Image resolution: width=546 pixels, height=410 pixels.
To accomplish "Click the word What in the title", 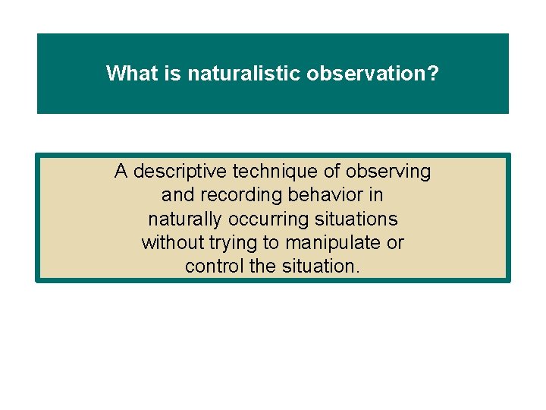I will (x=128, y=74).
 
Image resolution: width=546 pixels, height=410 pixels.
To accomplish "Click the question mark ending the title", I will (x=434, y=74).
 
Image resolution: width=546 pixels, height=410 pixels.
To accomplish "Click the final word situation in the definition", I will (x=318, y=266).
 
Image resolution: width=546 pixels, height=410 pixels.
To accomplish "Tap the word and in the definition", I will (x=177, y=196).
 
